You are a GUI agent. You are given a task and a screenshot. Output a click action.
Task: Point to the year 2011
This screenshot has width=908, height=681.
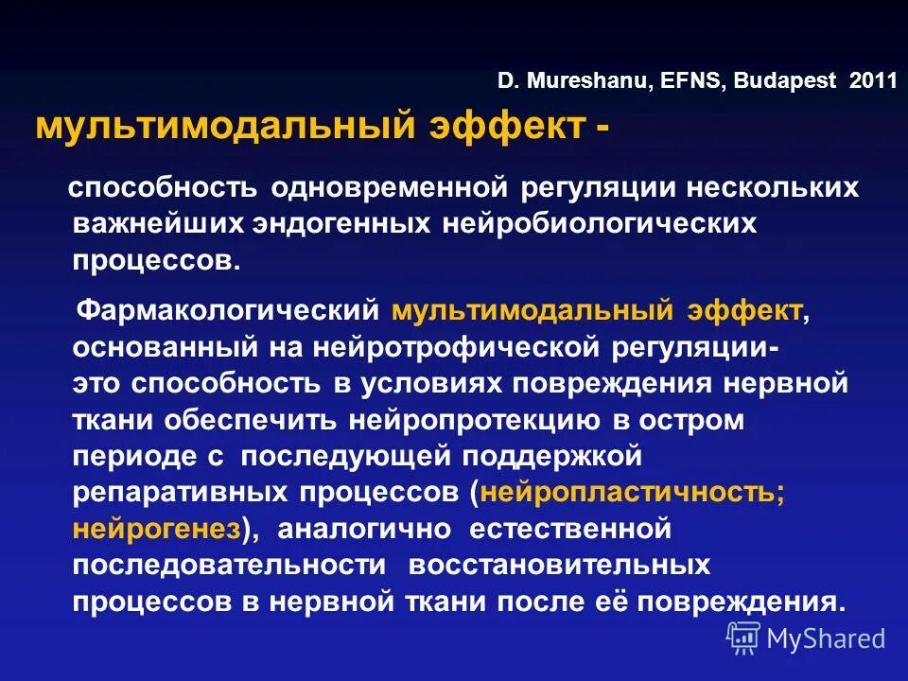click(x=873, y=81)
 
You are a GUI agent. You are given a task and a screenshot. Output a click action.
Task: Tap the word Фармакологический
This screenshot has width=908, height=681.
click(x=227, y=310)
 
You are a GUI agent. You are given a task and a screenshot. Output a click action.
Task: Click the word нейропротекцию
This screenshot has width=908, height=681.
click(x=485, y=420)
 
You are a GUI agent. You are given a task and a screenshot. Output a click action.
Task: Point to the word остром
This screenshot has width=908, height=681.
click(x=701, y=420)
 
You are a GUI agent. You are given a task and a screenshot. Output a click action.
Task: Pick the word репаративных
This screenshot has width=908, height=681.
click(x=179, y=492)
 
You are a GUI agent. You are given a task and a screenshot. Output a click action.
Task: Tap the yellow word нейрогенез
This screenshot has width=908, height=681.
click(x=156, y=529)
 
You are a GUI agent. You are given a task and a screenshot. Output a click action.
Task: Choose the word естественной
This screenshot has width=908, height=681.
click(x=565, y=529)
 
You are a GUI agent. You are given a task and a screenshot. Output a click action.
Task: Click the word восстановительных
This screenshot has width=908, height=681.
click(x=559, y=565)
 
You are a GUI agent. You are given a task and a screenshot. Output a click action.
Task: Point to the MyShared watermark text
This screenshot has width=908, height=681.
click(x=826, y=638)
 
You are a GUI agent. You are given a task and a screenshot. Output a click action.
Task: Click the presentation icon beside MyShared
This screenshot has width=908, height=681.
click(x=743, y=638)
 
